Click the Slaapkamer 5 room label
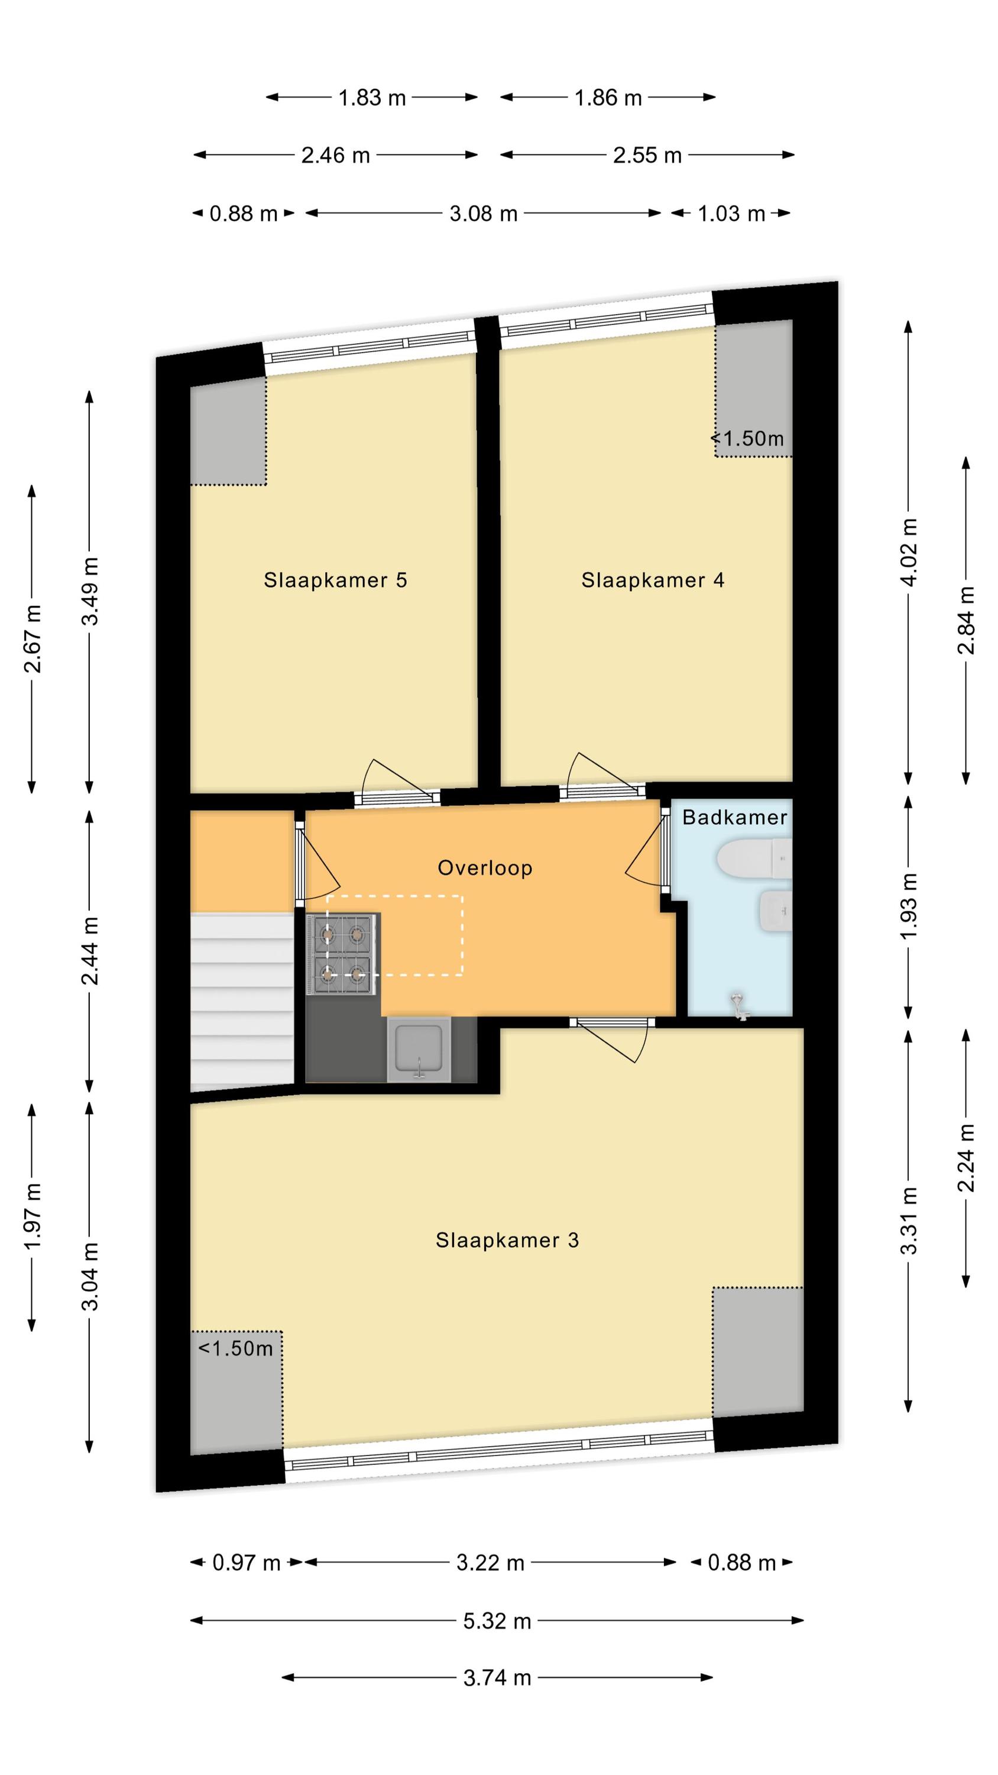click(335, 580)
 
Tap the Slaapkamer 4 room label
click(652, 580)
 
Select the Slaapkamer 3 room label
click(507, 1240)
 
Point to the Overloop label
click(485, 867)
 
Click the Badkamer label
click(734, 817)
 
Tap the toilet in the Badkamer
click(754, 859)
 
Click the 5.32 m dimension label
click(497, 1621)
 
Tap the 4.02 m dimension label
click(909, 552)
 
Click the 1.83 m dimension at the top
click(372, 98)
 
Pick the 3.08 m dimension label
click(484, 214)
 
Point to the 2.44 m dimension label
click(90, 950)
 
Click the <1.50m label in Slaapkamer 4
click(747, 438)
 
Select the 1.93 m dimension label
click(909, 906)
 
